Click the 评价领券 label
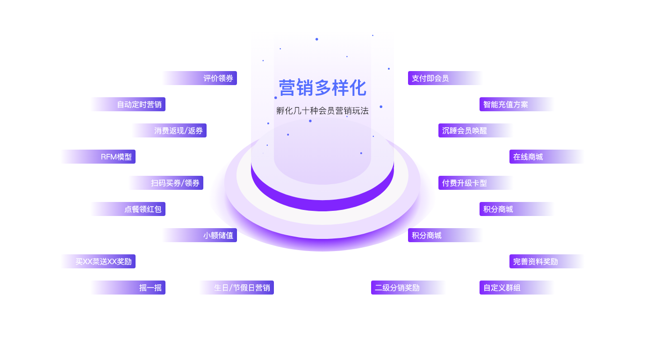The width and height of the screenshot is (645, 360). coord(218,78)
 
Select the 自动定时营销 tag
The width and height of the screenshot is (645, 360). coord(139,104)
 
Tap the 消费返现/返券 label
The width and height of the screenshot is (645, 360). coord(179,130)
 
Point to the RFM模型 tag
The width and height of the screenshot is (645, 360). coord(116,157)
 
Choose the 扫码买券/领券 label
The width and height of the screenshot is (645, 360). coord(175,183)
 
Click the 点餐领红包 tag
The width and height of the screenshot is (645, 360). coord(143,209)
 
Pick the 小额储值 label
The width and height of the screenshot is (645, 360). coord(218,235)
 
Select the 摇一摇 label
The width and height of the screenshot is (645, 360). coord(150,288)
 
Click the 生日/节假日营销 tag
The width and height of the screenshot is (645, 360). coord(242,288)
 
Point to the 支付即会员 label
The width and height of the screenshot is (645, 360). coord(430,78)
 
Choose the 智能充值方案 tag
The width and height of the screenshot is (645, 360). coord(506,104)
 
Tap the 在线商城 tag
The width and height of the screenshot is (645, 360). coord(528,157)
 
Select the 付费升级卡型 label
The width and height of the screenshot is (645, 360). coord(465,183)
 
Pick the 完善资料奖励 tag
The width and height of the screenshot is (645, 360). coord(536,261)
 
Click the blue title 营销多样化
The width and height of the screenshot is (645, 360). coord(322,88)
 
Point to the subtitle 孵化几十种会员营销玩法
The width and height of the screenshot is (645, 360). coord(322,111)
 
